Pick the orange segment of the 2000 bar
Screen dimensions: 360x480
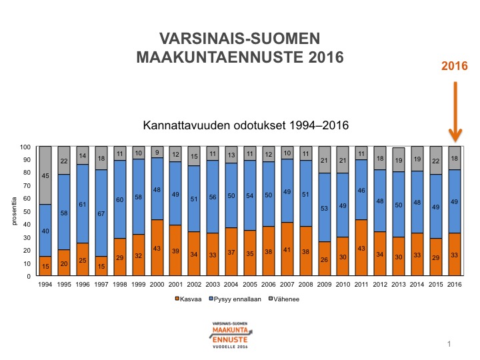click(157, 248)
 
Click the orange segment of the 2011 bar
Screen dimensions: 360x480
click(361, 248)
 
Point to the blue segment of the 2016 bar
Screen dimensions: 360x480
click(455, 201)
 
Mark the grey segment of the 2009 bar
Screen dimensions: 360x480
click(324, 159)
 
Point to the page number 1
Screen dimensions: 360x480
click(450, 343)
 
